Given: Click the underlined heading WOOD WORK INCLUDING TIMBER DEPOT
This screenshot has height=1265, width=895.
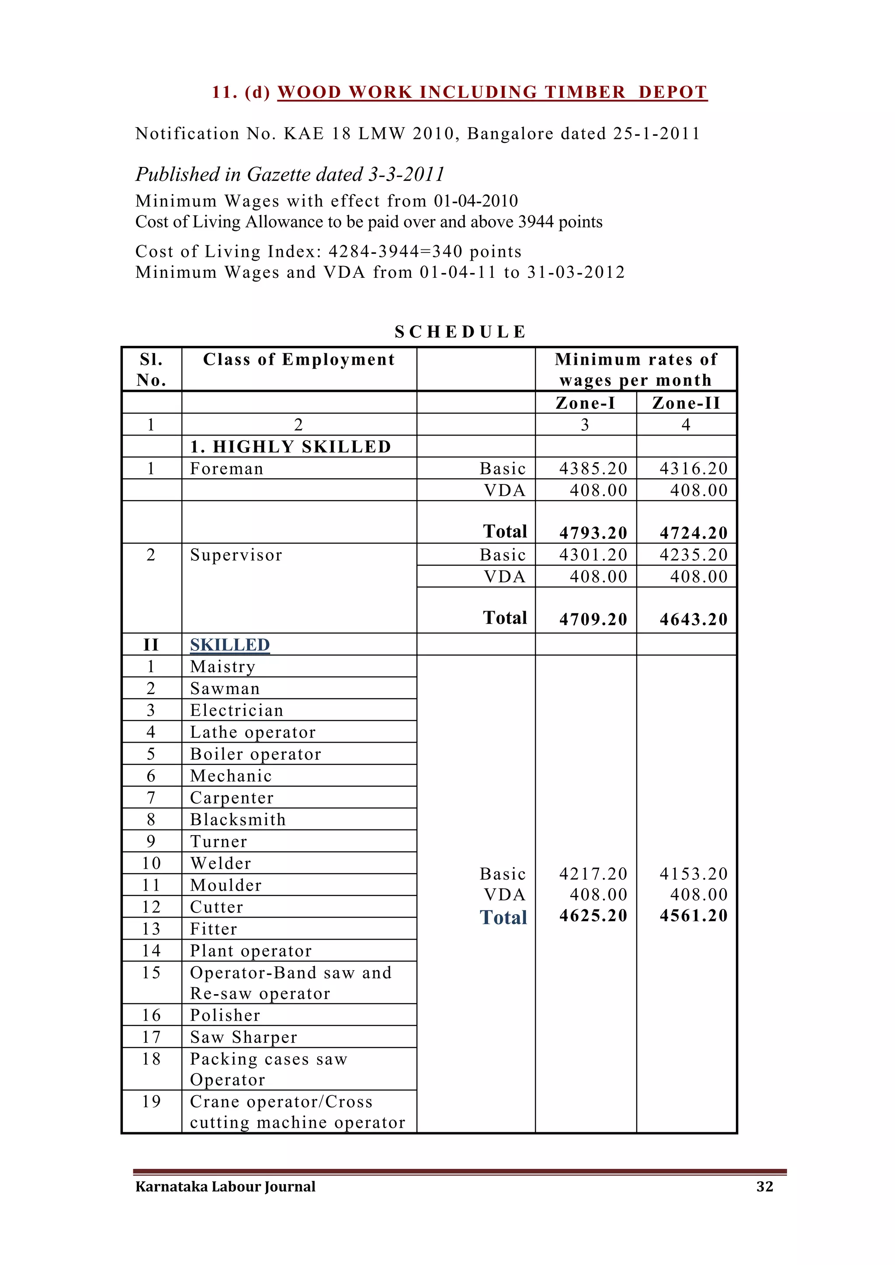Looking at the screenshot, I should [x=492, y=92].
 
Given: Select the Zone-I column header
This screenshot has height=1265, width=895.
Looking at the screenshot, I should [x=585, y=403].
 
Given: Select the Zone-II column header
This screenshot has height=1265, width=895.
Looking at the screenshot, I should [x=686, y=403].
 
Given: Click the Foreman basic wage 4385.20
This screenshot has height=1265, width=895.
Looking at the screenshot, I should [x=593, y=468].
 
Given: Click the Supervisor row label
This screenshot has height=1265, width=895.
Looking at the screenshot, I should [x=236, y=555].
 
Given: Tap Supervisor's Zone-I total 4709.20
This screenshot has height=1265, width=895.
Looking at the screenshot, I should [x=593, y=619].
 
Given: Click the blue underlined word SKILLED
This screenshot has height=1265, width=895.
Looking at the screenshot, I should [x=230, y=645].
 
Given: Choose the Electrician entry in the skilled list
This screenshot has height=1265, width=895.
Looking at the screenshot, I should [x=236, y=710].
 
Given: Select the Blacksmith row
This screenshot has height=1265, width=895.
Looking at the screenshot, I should [x=238, y=819].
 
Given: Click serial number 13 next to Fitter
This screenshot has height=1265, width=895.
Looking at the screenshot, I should [x=151, y=929].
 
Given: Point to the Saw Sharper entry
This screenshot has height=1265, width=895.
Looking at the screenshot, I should [x=243, y=1037].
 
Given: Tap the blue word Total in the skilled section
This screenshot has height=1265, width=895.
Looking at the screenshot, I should [x=503, y=917].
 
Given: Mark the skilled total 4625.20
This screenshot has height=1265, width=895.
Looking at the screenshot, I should [x=593, y=916].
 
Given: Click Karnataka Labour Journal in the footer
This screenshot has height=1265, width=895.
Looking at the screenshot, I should [x=225, y=1186].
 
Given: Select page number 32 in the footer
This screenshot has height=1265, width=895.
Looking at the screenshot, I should [x=764, y=1186].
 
